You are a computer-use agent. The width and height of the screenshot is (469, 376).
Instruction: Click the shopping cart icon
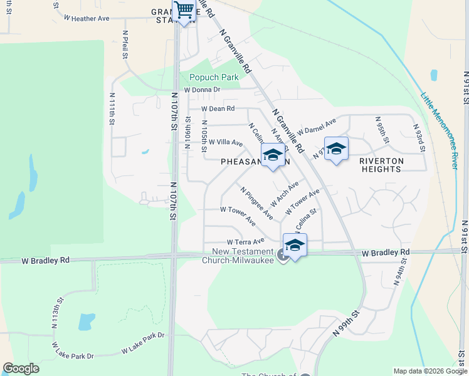184,11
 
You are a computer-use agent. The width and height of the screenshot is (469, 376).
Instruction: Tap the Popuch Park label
214,78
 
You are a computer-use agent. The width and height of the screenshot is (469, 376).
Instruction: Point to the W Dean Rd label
218,108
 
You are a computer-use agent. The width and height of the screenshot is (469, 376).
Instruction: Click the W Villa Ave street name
225,143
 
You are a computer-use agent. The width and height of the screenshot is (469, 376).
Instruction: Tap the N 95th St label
378,127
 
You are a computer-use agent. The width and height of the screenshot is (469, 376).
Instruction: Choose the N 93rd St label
419,137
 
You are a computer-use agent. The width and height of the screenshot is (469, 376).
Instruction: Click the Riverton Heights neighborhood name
381,165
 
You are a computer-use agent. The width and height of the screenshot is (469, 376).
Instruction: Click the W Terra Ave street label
246,241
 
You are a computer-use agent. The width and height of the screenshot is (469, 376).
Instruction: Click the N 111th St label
112,109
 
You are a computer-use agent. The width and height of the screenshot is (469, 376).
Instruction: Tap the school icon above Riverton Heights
336,149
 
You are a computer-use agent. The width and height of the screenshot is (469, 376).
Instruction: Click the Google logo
21,368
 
